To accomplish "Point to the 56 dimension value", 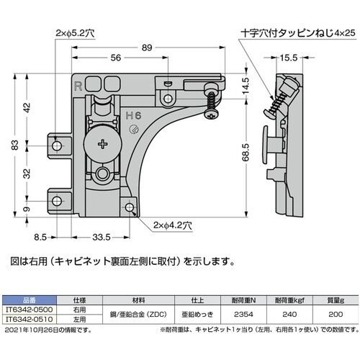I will click(114, 58).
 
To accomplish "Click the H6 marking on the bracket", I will click(133, 114).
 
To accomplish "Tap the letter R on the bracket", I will click(77, 84).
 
